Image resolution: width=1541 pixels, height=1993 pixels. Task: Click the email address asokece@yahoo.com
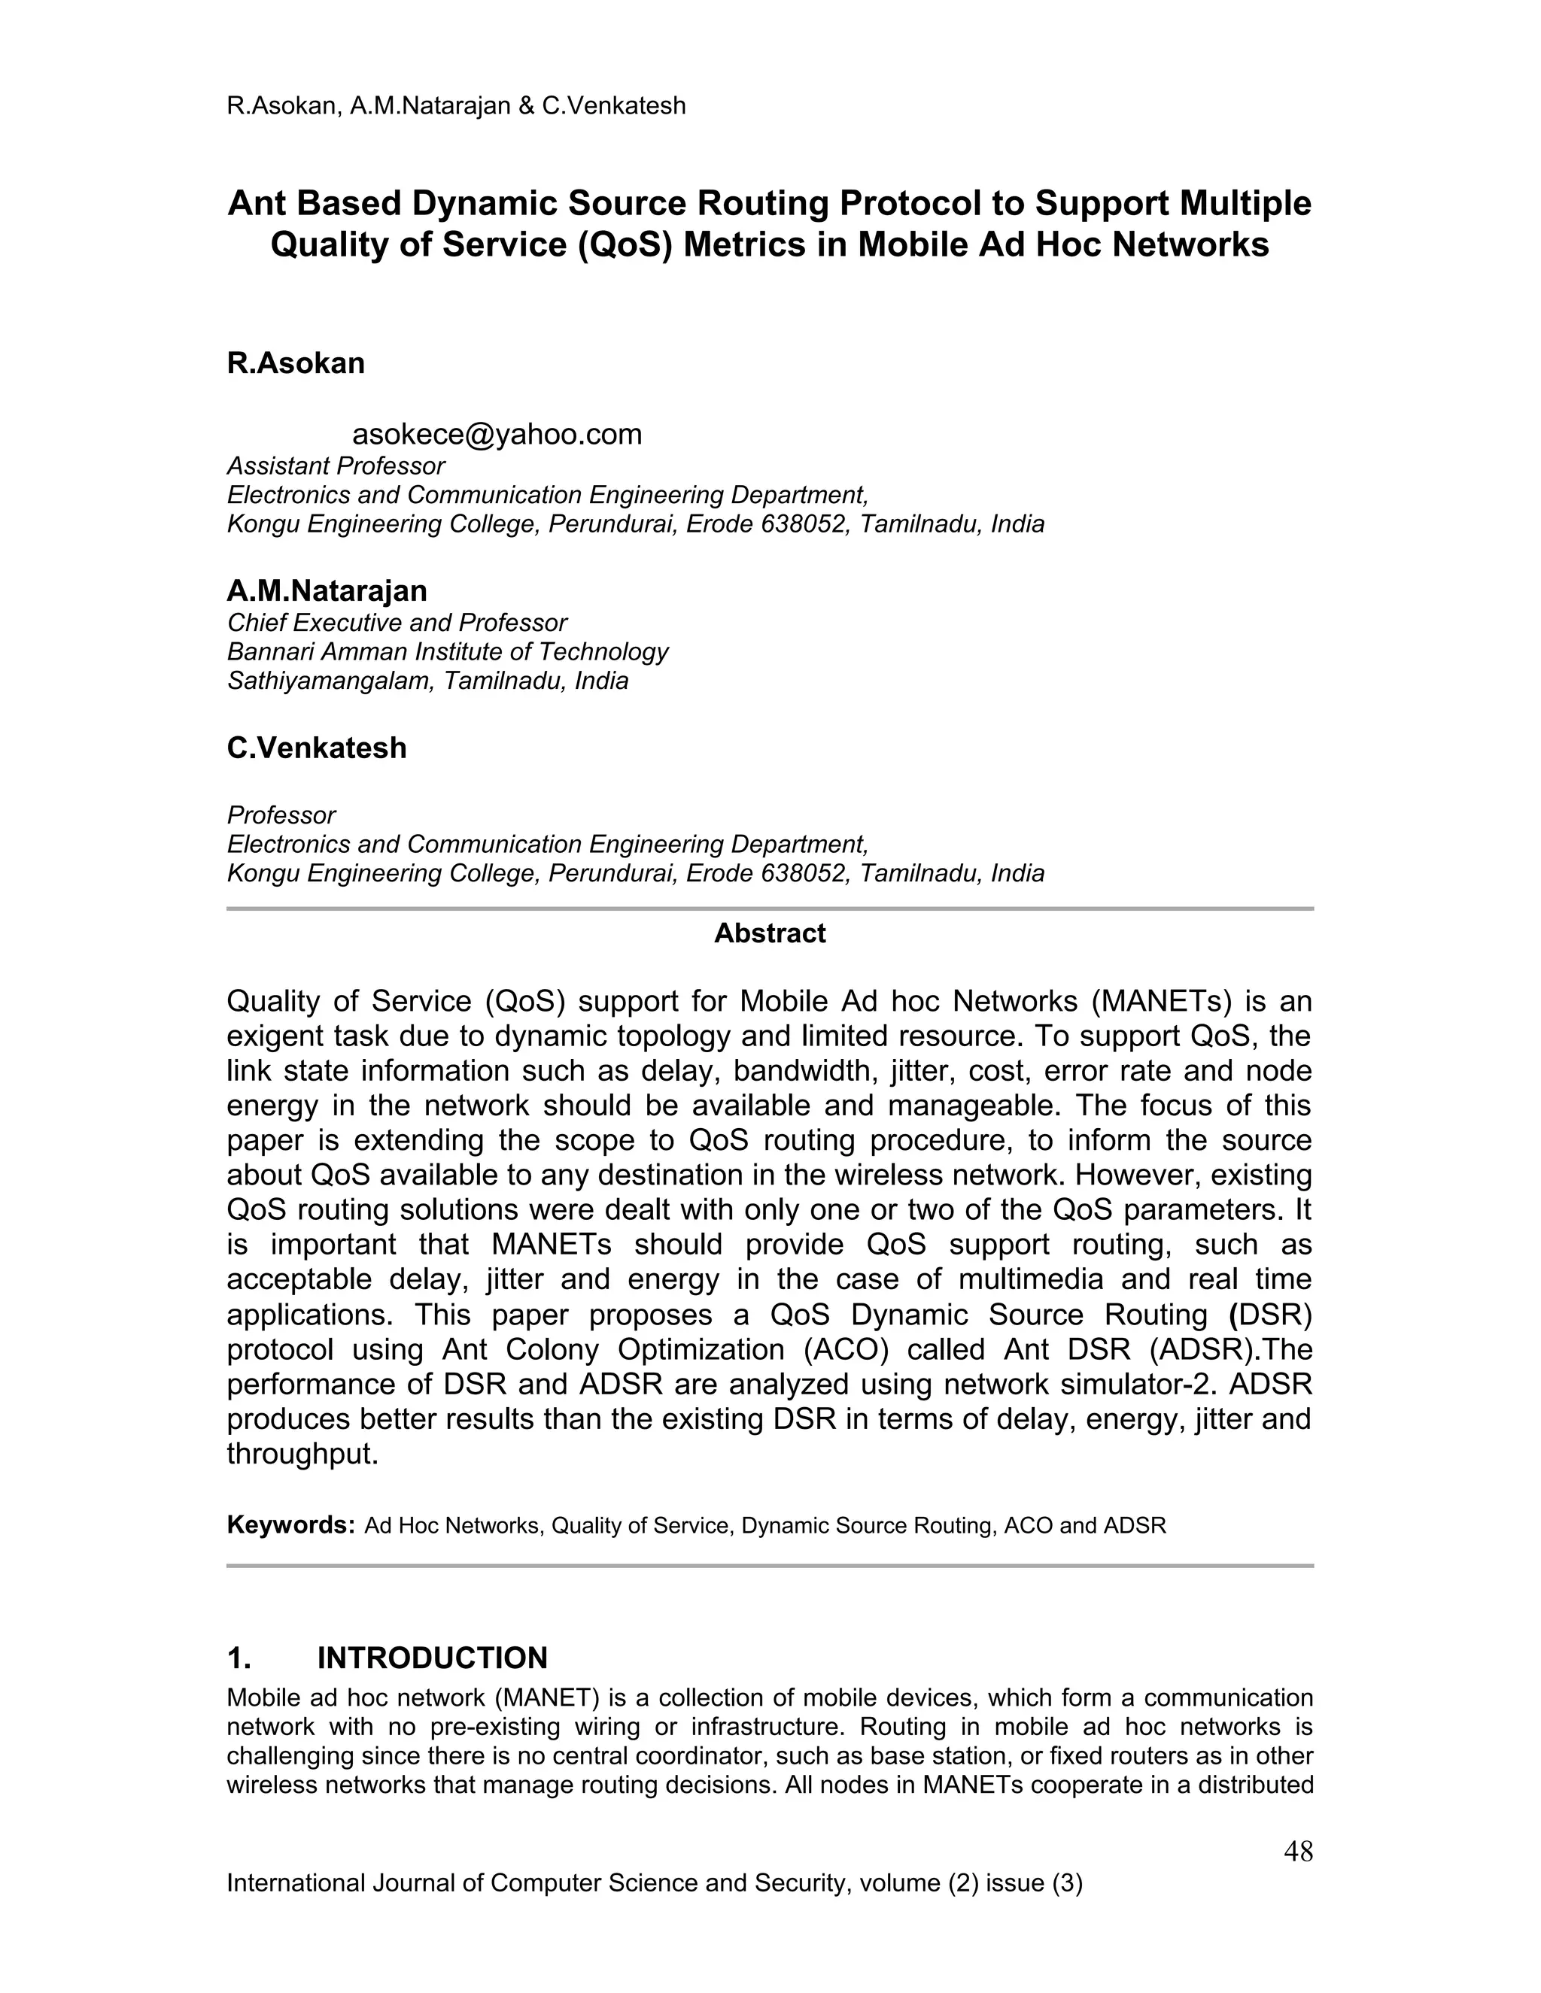pyautogui.click(x=497, y=435)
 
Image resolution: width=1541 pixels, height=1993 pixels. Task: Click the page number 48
pyautogui.click(x=1297, y=1852)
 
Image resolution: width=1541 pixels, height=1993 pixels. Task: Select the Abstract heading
pyautogui.click(x=770, y=933)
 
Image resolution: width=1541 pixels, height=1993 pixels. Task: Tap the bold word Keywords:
pyautogui.click(x=290, y=1525)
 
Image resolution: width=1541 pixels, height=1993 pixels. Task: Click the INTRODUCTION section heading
pyautogui.click(x=432, y=1658)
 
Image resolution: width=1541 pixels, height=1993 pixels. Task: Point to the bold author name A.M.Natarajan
pyautogui.click(x=327, y=590)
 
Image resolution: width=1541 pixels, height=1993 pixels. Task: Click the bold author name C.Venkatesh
pyautogui.click(x=317, y=748)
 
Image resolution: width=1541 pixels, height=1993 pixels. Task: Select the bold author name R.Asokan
pyautogui.click(x=296, y=363)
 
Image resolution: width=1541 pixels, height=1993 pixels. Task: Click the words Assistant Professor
pyautogui.click(x=335, y=466)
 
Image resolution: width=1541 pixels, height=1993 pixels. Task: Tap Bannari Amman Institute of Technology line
pyautogui.click(x=448, y=651)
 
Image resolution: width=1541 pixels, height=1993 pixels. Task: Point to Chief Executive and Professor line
pyautogui.click(x=397, y=623)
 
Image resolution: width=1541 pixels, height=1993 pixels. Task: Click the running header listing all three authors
pyautogui.click(x=455, y=106)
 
